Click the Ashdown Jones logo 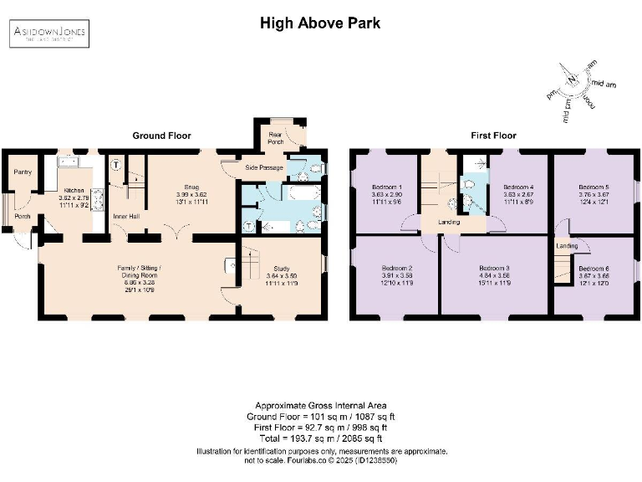49,33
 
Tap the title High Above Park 320,23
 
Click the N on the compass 572,80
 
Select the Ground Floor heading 161,135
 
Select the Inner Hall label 125,216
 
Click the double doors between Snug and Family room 176,230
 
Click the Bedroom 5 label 594,187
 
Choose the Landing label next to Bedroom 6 568,246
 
